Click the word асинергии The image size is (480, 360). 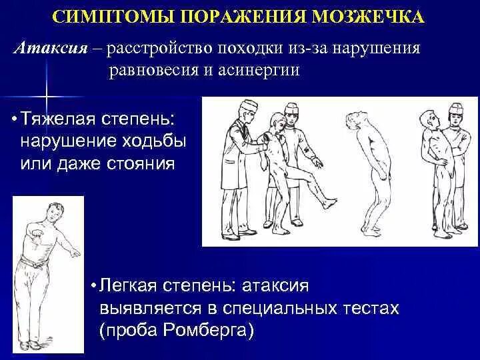259,71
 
